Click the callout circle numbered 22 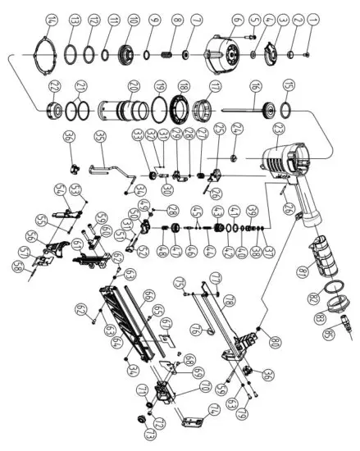tap(56, 88)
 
